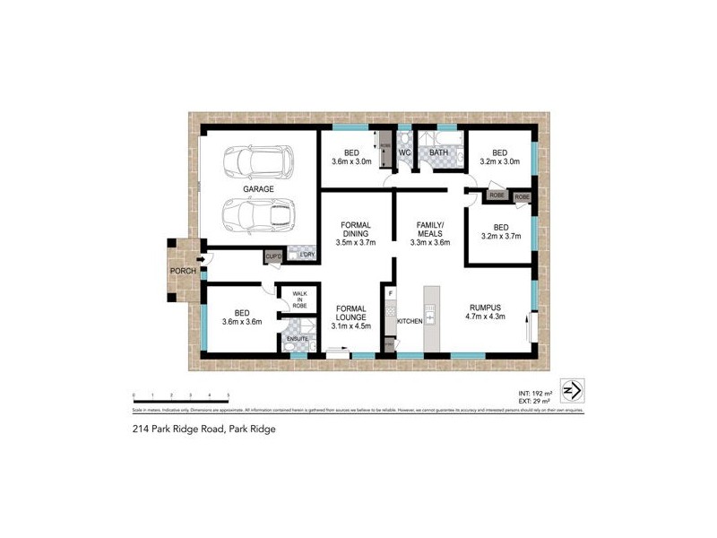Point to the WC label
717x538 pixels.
point(404,152)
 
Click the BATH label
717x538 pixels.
point(438,152)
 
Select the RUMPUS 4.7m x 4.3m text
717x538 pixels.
point(487,311)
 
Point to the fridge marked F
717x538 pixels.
point(390,292)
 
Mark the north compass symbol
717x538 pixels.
point(570,391)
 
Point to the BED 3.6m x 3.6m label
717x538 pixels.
point(241,316)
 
